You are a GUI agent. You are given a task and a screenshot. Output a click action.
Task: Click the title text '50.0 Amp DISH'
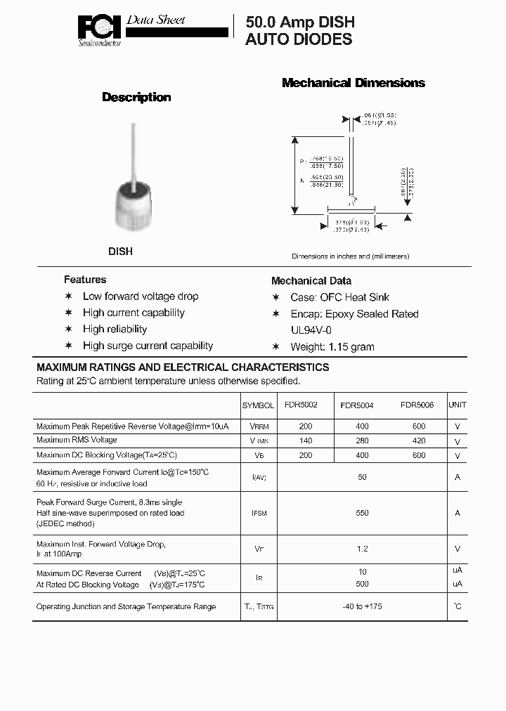[x=300, y=22]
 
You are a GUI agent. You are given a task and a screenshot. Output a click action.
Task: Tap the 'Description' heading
[x=136, y=97]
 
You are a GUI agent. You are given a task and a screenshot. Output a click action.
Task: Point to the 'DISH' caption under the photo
[x=120, y=251]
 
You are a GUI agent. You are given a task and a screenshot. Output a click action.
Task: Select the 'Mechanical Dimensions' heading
[x=353, y=83]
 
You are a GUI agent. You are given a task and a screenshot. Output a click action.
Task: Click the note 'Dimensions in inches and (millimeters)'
[x=350, y=256]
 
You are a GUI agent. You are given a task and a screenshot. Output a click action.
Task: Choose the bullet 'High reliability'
[x=115, y=329]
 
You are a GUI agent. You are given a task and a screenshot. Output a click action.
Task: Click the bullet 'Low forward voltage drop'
[x=141, y=296]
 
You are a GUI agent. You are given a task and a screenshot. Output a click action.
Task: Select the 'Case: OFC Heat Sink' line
[x=339, y=297]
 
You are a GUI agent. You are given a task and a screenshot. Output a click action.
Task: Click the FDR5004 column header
[x=357, y=405]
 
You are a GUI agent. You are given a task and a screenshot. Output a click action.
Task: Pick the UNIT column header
[x=458, y=405]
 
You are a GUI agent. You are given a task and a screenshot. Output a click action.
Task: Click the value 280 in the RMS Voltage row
[x=362, y=441]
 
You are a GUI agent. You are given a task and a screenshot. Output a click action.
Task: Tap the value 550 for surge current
[x=362, y=513]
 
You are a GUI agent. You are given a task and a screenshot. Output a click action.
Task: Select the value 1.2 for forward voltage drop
[x=362, y=549]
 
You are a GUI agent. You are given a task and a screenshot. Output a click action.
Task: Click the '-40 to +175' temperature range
[x=362, y=606]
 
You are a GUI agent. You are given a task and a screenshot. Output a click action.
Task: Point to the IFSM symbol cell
[x=259, y=514]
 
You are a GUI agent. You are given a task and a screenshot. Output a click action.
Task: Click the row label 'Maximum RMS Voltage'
[x=77, y=440]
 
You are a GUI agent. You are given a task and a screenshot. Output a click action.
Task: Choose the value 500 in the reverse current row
[x=362, y=584]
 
